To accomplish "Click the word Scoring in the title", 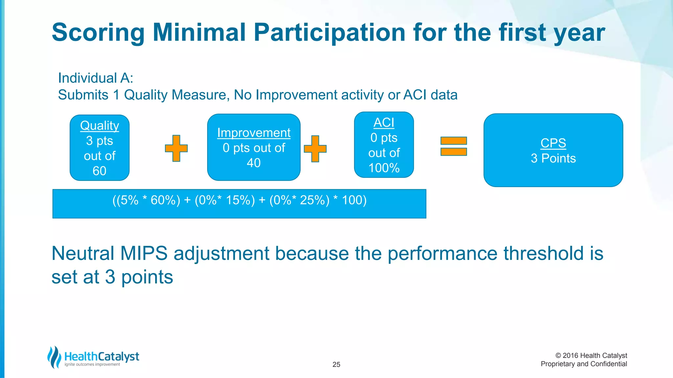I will click(x=98, y=33).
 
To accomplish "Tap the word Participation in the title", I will click(x=329, y=33).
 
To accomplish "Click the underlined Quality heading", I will click(x=100, y=126).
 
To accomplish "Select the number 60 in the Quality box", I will click(x=99, y=171).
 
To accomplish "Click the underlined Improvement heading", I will click(x=254, y=133).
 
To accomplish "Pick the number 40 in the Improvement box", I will click(x=254, y=163).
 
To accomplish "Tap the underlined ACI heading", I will click(x=384, y=123).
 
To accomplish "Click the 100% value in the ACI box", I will click(x=384, y=168).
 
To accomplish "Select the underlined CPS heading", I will click(x=553, y=143).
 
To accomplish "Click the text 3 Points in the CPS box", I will click(x=553, y=158).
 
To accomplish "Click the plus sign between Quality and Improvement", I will click(x=176, y=148).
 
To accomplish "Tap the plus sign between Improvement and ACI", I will click(x=315, y=149).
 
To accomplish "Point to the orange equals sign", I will click(x=453, y=146).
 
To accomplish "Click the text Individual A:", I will click(x=96, y=78).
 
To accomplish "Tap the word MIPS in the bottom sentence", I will click(x=144, y=254).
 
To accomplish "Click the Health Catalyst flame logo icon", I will click(x=54, y=357).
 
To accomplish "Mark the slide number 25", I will click(x=336, y=365).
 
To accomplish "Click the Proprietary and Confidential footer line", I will click(x=584, y=364).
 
